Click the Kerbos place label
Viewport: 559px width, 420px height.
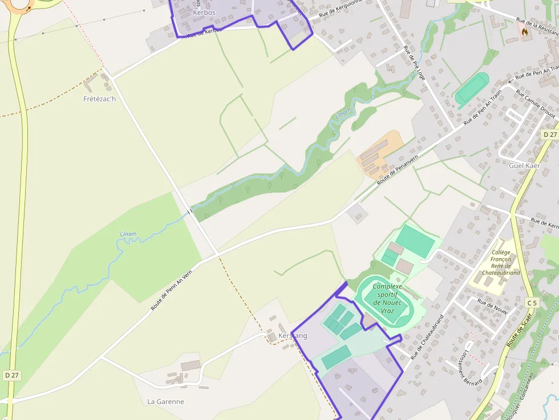[204, 12]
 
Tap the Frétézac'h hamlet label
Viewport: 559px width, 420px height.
[99, 99]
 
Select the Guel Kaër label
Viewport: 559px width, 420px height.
[524, 165]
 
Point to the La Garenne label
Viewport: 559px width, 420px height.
[165, 401]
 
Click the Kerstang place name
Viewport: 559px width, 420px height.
[293, 336]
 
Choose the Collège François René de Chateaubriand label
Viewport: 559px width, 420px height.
[501, 262]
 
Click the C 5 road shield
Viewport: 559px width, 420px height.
[532, 303]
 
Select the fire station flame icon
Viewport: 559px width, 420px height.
[524, 33]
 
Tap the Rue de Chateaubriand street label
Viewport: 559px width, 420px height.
[427, 337]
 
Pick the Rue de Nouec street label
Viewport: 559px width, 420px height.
[492, 308]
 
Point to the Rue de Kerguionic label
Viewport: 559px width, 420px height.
[341, 10]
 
